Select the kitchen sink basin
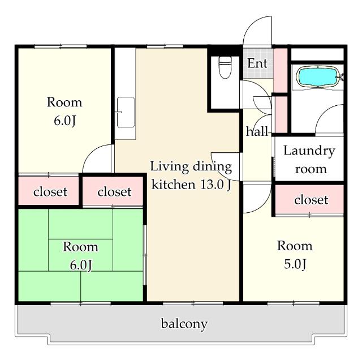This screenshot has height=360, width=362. point(126,112)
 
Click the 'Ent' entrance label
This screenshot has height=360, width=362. point(257,63)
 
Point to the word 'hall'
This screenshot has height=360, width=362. point(257,131)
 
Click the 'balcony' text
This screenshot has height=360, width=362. point(184,324)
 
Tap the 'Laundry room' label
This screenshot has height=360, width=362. point(310,160)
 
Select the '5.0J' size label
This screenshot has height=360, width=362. point(295,264)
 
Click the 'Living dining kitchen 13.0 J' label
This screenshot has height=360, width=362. point(191,175)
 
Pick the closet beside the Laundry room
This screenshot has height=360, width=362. point(309,199)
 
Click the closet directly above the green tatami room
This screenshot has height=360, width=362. point(113,191)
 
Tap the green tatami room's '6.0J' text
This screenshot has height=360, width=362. point(81,265)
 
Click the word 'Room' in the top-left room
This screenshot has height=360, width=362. point(64,102)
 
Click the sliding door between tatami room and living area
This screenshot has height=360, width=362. point(145,255)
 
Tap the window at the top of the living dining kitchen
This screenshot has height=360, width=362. point(165,46)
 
